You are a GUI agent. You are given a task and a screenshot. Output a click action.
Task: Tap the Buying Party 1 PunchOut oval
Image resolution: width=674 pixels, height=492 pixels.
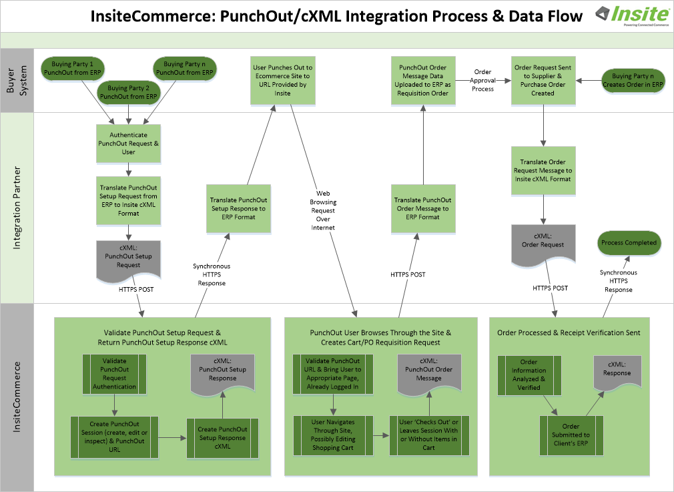[67, 69]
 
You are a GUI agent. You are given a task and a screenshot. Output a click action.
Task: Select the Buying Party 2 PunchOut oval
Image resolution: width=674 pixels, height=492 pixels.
[127, 92]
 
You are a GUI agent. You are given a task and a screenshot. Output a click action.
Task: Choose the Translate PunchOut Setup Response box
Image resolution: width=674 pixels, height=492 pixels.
[238, 208]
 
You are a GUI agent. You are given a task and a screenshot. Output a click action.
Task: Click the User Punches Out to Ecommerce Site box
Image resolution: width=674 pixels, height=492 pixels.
[282, 80]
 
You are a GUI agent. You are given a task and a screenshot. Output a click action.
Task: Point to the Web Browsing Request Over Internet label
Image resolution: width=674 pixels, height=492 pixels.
[323, 210]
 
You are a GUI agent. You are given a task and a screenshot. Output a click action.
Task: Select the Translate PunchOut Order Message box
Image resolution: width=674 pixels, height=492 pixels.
[422, 208]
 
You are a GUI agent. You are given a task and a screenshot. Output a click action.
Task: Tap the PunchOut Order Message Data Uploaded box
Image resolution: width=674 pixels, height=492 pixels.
[422, 80]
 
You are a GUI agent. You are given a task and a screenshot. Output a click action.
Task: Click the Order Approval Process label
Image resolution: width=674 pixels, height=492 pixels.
[483, 80]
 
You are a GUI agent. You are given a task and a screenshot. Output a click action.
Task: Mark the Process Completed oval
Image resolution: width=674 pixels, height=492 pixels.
[629, 243]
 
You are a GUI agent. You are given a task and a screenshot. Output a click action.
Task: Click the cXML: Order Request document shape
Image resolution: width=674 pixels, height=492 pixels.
[543, 244]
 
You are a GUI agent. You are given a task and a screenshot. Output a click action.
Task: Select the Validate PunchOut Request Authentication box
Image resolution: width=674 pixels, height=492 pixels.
[114, 373]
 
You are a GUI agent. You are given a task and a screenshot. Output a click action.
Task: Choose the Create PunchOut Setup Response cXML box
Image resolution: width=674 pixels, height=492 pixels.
[222, 437]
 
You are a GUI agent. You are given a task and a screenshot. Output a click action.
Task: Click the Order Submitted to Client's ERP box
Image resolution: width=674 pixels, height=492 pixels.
[571, 435]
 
